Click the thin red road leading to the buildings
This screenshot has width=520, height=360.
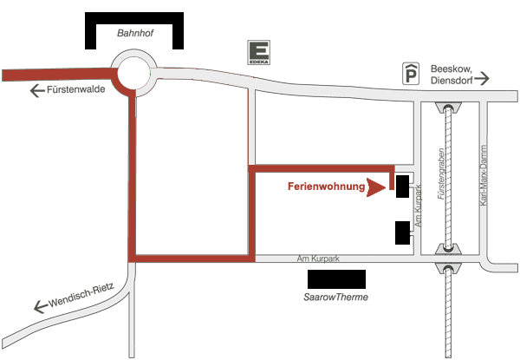(x=321, y=167)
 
